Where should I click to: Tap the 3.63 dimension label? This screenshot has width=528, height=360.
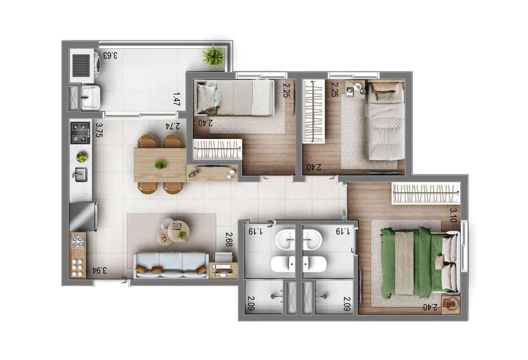click(110, 55)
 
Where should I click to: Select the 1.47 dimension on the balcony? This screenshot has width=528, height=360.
click(176, 99)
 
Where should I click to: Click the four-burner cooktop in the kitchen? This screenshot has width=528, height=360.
click(80, 133)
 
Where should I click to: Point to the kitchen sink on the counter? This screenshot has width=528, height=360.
click(81, 174)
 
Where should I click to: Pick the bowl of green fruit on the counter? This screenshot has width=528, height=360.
click(81, 157)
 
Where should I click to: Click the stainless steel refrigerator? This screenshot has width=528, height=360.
click(84, 217)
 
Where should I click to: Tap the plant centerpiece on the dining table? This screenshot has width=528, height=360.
click(161, 165)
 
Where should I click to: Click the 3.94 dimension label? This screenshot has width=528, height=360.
click(99, 270)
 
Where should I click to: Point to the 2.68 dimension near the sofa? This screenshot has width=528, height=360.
click(229, 239)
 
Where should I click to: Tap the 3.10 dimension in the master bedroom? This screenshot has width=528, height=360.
click(453, 215)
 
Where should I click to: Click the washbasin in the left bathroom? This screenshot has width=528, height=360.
click(285, 239)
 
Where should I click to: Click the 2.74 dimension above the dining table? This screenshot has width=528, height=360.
click(172, 126)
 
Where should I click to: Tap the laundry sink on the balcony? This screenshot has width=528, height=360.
click(91, 97)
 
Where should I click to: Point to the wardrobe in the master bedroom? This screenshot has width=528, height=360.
click(426, 193)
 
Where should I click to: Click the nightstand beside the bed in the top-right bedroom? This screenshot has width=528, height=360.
click(355, 89)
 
